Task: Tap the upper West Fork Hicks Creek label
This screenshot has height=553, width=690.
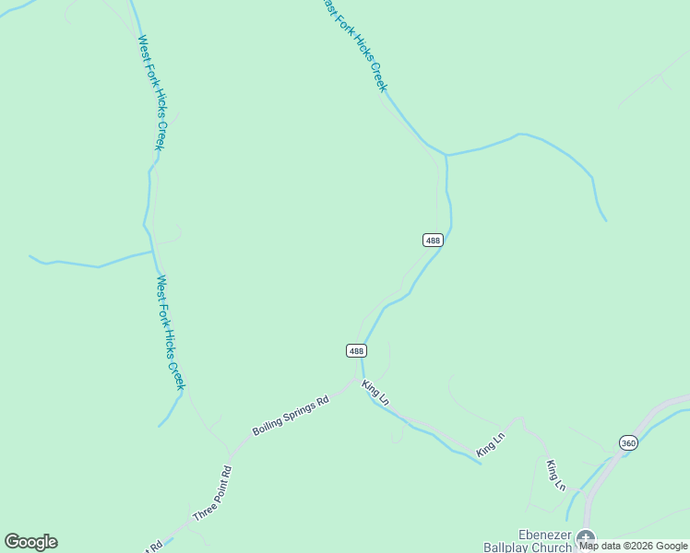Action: click(151, 92)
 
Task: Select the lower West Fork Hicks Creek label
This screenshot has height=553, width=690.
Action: click(171, 332)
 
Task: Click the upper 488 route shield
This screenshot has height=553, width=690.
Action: click(433, 240)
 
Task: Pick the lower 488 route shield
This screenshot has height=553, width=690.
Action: click(357, 350)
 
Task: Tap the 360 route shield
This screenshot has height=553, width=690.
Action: click(628, 442)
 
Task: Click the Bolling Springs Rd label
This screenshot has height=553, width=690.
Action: click(291, 417)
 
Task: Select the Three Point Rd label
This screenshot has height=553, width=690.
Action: click(211, 494)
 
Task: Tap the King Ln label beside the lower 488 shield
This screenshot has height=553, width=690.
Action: click(375, 394)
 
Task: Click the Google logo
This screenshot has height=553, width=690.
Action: click(30, 542)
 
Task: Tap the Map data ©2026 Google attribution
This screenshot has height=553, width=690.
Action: click(633, 546)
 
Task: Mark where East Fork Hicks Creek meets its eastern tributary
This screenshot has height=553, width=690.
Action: click(446, 155)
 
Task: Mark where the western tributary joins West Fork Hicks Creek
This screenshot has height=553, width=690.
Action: click(152, 251)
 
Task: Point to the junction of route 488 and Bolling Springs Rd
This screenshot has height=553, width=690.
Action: click(359, 378)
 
